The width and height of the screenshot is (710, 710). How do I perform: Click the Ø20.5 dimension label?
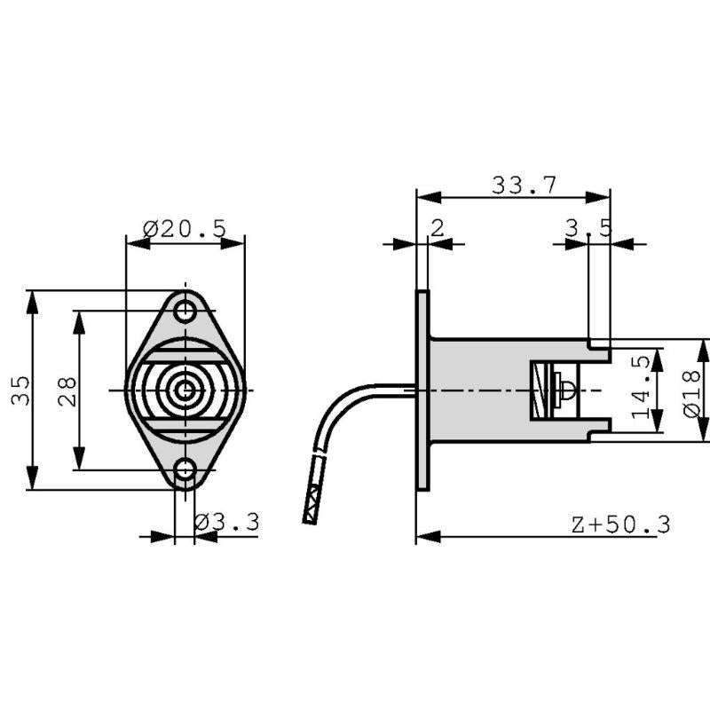pos(184,229)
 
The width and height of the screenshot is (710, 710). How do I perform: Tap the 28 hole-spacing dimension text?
pos(67,390)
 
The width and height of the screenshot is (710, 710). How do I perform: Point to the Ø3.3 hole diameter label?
pos(226,523)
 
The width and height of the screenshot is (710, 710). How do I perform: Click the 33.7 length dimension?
pos(524,185)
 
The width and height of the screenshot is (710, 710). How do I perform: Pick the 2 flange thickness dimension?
pos(437,228)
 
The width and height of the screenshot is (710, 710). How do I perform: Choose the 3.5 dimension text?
pos(588,229)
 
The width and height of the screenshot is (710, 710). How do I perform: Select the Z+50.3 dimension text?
pos(620,524)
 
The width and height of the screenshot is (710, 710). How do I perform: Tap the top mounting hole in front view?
pos(185,312)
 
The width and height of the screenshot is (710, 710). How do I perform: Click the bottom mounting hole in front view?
pos(185,469)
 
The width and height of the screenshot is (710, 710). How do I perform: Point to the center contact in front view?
pos(185,390)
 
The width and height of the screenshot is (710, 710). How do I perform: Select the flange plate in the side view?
pos(422,390)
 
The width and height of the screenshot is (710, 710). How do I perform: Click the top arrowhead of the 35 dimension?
pos(33,300)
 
